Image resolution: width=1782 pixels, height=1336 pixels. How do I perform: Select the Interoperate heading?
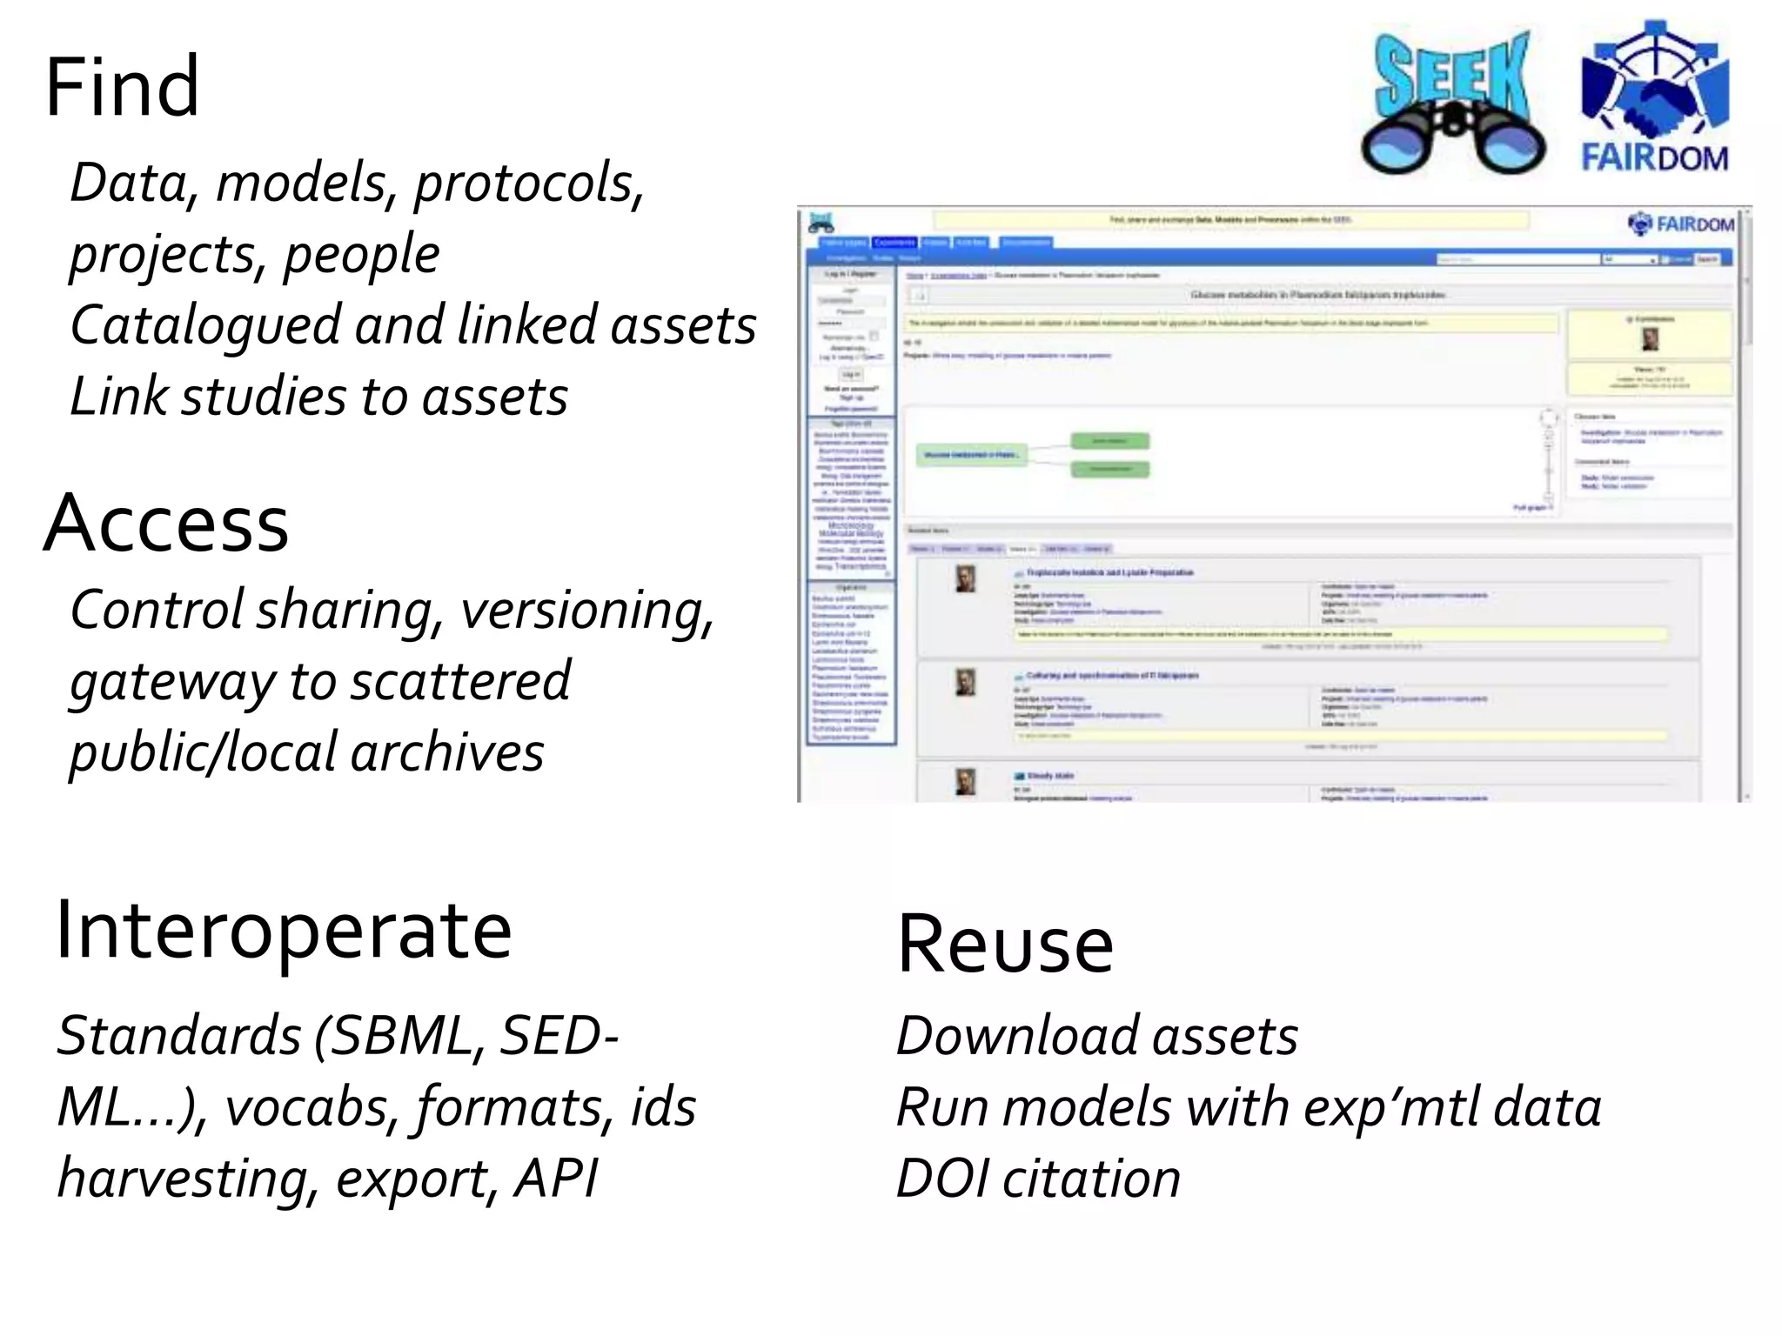(x=284, y=931)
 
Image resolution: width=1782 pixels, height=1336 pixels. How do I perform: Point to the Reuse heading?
(x=1005, y=945)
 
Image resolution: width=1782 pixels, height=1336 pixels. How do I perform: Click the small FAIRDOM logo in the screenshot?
(x=1680, y=224)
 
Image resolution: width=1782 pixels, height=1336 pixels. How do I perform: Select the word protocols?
(x=529, y=184)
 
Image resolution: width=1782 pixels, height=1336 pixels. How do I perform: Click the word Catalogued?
(x=205, y=325)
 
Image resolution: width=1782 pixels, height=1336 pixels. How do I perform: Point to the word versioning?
(x=586, y=611)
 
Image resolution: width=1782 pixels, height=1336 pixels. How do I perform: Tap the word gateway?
(x=172, y=682)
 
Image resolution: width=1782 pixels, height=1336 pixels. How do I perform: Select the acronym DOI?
(x=943, y=1179)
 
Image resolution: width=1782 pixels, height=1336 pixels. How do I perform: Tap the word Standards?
(x=179, y=1036)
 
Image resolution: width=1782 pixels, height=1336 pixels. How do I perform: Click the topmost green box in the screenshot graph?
(x=1109, y=441)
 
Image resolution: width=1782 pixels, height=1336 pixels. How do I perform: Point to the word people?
(x=362, y=255)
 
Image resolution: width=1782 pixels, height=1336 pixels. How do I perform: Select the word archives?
(x=447, y=753)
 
